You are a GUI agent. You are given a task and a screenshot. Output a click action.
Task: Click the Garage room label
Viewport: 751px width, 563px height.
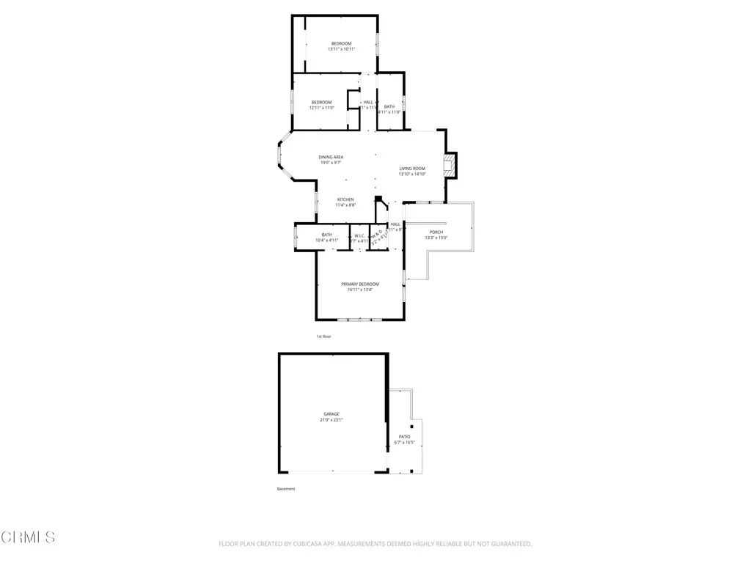click(331, 414)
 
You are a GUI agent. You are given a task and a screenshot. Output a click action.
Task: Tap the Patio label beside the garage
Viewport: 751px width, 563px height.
click(404, 437)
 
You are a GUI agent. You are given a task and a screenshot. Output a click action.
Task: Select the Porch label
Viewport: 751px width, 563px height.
click(436, 232)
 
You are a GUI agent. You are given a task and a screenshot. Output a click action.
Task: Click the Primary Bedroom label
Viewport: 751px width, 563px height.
click(360, 284)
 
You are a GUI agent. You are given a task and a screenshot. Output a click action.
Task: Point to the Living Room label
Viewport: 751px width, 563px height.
click(412, 169)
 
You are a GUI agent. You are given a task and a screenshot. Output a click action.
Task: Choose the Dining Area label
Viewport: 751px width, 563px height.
click(331, 157)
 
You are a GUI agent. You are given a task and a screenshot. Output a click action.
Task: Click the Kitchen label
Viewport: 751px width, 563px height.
click(345, 199)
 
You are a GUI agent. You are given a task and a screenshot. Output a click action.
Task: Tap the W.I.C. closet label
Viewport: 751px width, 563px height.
click(359, 235)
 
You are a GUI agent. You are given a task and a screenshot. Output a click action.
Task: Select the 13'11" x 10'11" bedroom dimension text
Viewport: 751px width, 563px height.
click(342, 49)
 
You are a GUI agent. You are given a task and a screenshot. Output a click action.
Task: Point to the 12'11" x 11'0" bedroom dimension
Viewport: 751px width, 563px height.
click(321, 108)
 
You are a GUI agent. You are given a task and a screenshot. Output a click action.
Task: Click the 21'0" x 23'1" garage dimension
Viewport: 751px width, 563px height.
click(331, 420)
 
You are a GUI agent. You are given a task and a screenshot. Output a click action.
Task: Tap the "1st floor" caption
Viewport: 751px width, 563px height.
click(323, 336)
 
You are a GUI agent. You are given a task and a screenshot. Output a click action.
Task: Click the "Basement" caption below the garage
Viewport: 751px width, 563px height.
click(286, 489)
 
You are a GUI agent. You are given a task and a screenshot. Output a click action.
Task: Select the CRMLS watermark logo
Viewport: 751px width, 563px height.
click(29, 537)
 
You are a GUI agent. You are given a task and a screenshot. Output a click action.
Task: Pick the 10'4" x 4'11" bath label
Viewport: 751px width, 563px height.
click(326, 240)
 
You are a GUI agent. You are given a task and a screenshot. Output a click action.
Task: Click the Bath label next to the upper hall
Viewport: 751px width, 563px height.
click(389, 107)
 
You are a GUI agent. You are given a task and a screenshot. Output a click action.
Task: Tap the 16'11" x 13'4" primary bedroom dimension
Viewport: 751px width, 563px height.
click(360, 290)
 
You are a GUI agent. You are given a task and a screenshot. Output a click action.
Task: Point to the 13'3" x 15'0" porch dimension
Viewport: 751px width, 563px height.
click(436, 238)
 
